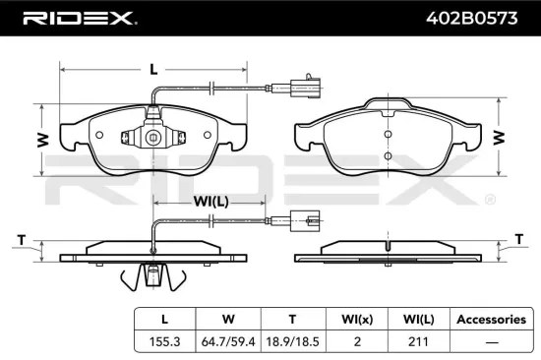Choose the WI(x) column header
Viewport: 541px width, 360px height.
[x=357, y=319]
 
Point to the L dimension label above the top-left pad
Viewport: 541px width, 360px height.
[x=153, y=70]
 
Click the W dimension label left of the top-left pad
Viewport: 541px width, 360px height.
[x=42, y=141]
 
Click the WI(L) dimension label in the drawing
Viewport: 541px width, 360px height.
[x=210, y=202]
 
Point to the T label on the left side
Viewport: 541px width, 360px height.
[x=21, y=239]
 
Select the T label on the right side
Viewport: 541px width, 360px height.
[x=519, y=239]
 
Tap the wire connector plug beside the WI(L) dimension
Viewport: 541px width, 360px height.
[x=302, y=221]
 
